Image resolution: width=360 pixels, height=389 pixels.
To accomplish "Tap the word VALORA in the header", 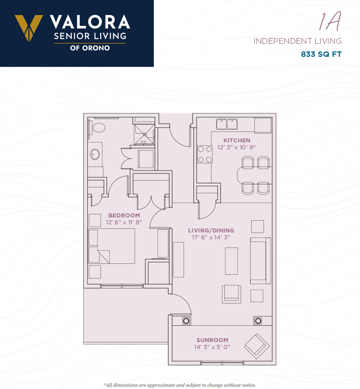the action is click(90, 22).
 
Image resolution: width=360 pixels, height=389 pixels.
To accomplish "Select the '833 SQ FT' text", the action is click(321, 54).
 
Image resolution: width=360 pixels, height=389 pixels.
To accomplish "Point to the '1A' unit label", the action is click(330, 21).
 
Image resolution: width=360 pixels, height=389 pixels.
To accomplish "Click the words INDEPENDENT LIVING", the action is click(298, 41).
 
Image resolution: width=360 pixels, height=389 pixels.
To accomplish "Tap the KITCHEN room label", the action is click(237, 140).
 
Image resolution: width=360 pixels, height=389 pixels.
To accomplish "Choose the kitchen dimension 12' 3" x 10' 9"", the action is click(237, 147).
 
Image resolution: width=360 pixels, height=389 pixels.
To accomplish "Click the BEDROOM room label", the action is click(124, 215).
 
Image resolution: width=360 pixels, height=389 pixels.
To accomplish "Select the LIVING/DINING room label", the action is click(211, 230).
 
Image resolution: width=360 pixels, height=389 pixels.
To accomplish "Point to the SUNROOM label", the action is click(213, 340).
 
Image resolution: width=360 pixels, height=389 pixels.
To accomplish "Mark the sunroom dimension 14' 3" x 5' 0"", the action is click(213, 347).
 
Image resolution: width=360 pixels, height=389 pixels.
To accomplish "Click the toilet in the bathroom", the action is click(97, 127).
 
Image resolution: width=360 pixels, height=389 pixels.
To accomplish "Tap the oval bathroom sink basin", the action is click(95, 154).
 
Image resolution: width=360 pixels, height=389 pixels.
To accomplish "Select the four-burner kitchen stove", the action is click(205, 154).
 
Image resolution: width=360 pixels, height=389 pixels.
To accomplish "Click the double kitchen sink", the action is click(227, 124).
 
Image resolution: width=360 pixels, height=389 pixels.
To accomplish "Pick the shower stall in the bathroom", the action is click(144, 135).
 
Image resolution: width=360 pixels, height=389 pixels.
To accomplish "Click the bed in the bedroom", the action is click(112, 246).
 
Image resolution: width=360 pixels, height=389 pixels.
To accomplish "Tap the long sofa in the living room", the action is click(260, 261).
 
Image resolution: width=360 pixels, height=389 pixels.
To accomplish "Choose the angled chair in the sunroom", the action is click(257, 346).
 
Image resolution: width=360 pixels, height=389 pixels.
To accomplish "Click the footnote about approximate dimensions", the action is click(180, 385).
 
